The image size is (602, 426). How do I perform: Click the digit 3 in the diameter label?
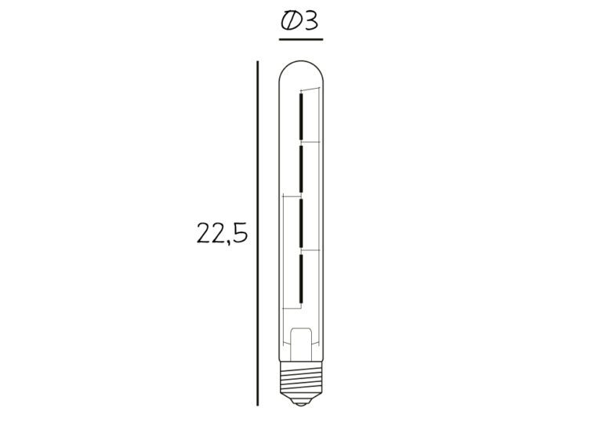(x=311, y=21)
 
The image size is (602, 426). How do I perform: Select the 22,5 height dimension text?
(x=223, y=234)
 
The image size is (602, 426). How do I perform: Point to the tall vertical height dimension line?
(x=258, y=235)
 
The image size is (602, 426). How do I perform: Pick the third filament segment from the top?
(x=300, y=224)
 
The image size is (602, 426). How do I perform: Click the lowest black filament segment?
(x=300, y=279)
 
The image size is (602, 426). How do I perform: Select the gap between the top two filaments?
(x=300, y=143)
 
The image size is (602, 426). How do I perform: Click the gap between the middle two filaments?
(x=300, y=196)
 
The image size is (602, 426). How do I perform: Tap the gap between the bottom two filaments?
(x=300, y=251)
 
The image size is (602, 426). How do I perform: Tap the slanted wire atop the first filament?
(x=310, y=90)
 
